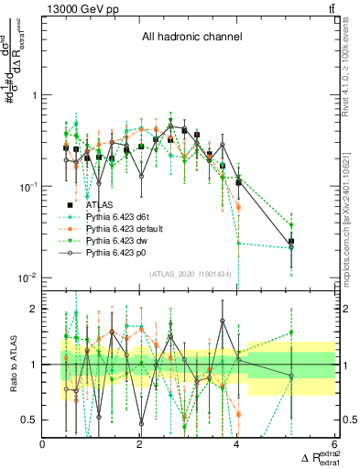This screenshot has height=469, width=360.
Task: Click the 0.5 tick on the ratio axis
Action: pyautogui.click(x=29, y=420)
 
